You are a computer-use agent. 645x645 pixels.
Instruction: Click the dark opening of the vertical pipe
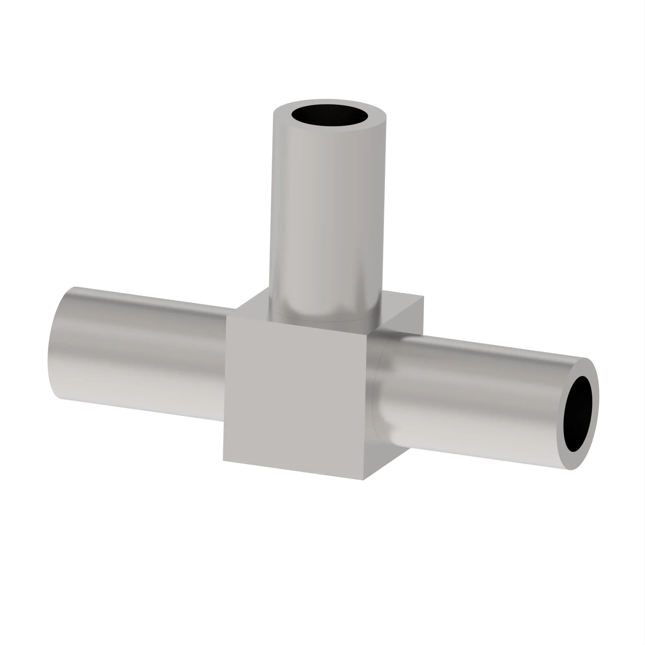point(330,115)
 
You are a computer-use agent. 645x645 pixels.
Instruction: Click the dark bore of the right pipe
point(578,414)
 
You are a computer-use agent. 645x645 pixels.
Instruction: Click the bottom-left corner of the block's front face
point(223,461)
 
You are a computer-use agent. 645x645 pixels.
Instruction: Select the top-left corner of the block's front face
point(226,315)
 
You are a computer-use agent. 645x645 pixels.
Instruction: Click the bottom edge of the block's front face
point(294,471)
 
